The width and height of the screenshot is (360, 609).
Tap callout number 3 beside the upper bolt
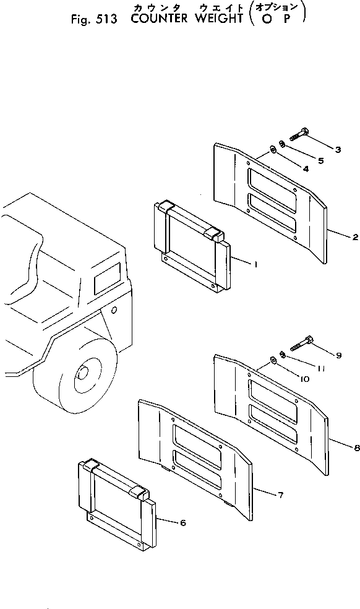coord(338,149)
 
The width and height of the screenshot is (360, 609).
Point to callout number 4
coord(306,168)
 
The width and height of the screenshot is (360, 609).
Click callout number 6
coord(183,523)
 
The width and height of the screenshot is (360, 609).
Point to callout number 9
coord(338,355)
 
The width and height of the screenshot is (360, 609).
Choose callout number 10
coord(306,378)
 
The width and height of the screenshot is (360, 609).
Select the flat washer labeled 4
coord(272,149)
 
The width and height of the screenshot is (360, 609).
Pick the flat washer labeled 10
coord(272,360)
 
